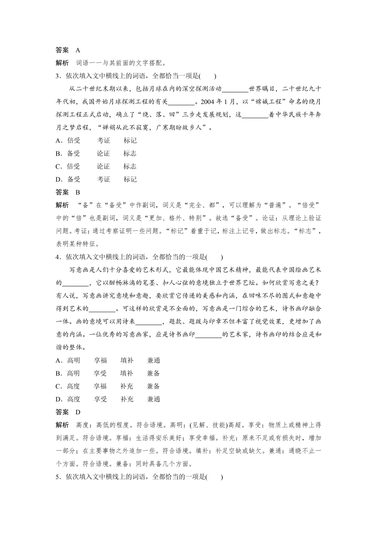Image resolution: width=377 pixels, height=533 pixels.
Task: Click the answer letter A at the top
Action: click(x=78, y=50)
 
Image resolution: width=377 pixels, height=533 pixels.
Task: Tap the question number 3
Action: click(x=58, y=76)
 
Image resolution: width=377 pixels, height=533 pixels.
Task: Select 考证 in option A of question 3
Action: click(x=103, y=141)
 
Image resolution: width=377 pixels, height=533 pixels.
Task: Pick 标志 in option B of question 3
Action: click(x=130, y=154)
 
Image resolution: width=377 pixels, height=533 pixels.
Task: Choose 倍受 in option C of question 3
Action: click(x=74, y=166)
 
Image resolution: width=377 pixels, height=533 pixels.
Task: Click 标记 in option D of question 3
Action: click(x=130, y=179)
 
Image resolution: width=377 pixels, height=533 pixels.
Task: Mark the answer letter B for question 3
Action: click(x=78, y=192)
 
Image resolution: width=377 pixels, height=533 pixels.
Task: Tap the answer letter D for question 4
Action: click(x=78, y=412)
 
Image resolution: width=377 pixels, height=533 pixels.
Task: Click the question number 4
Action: click(x=58, y=257)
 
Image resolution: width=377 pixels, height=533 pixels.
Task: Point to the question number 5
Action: click(x=58, y=477)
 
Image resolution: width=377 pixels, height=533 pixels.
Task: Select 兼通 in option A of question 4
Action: click(x=154, y=361)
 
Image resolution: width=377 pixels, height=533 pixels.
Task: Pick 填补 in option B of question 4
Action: click(x=127, y=373)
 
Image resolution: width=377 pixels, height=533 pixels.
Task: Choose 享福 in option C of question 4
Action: click(x=100, y=386)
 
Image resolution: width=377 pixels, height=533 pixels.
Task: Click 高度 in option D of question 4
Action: click(x=74, y=399)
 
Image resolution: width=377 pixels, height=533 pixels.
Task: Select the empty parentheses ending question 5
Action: click(x=214, y=477)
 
